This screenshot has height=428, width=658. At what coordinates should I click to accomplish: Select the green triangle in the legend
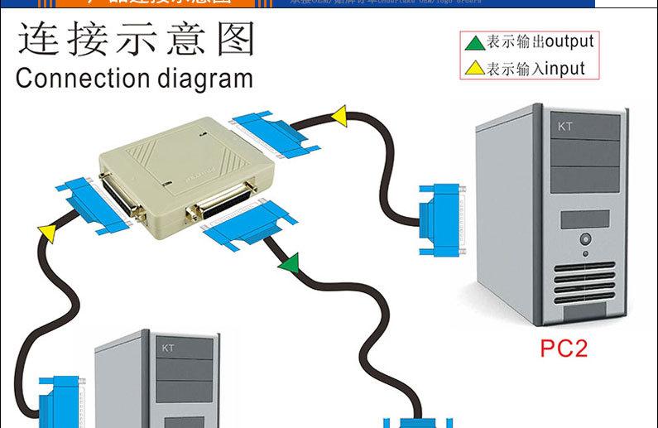coord(474,42)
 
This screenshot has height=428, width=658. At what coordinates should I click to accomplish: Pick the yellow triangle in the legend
coord(474,68)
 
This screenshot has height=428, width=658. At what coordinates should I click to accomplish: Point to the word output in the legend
coord(569,41)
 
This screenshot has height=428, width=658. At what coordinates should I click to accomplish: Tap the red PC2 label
coord(563,348)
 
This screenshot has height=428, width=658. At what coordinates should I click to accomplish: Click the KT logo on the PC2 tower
coord(565,127)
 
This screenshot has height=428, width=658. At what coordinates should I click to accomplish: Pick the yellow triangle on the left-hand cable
coord(48,234)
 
